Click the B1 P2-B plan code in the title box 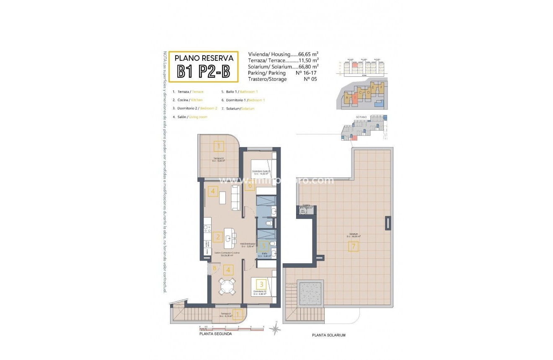point(203,71)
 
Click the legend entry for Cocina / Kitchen point(187,100)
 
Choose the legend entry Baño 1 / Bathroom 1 point(239,91)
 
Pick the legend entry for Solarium point(238,109)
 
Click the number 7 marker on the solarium point(353,247)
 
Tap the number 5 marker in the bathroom point(263,246)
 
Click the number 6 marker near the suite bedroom point(250,185)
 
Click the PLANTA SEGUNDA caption point(215,334)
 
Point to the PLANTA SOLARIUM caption point(329,335)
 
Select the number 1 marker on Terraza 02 point(218,146)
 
